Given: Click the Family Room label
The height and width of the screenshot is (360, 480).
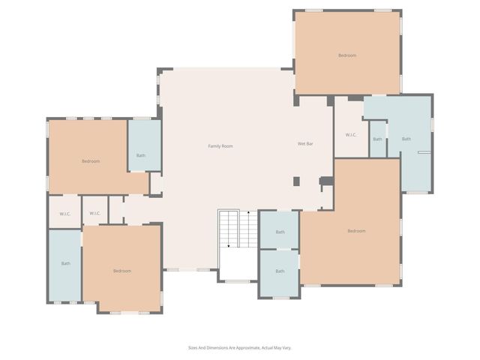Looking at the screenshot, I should [x=220, y=145].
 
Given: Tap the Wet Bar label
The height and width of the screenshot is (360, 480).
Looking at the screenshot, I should [x=304, y=143].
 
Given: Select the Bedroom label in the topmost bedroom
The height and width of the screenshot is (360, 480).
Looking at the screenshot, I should [x=346, y=55].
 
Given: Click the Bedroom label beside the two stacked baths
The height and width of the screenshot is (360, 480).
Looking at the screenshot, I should [x=356, y=231].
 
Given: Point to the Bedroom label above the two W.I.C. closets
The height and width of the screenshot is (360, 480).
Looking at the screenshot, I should [x=91, y=161].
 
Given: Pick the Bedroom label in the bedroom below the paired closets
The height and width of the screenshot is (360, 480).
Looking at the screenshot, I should [x=122, y=271].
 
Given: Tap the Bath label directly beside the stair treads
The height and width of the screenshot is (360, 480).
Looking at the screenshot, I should [x=280, y=232].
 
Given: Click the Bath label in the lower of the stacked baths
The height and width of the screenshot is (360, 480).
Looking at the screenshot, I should [x=280, y=271].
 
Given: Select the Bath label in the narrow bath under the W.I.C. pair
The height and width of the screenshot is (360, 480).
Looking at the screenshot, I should [x=66, y=263].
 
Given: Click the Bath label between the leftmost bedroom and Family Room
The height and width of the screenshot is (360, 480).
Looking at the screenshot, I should [x=141, y=156].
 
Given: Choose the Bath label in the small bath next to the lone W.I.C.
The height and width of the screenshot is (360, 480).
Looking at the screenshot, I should [x=377, y=139].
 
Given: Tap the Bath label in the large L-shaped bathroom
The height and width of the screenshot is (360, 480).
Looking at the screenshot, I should [x=406, y=139].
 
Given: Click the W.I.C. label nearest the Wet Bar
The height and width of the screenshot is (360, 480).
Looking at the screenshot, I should [x=351, y=135].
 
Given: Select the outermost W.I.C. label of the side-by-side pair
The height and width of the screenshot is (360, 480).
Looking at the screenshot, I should [x=65, y=214].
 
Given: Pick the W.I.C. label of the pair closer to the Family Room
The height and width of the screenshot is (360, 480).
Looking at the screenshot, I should [x=95, y=214].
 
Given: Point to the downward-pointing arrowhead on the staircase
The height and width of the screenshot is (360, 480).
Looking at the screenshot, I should [x=229, y=245].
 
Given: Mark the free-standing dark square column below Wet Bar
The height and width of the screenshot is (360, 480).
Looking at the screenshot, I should [x=296, y=181].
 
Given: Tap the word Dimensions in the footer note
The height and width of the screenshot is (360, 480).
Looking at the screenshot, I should [x=218, y=348].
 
